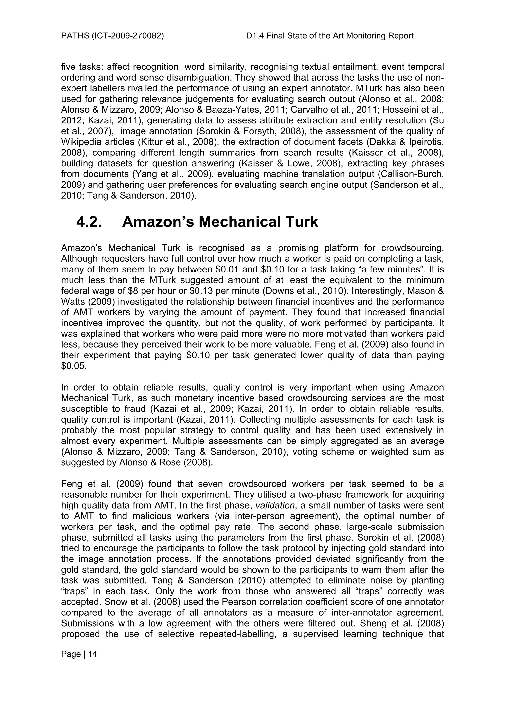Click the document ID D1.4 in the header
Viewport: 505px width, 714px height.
254,36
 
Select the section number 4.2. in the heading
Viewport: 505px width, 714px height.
89,222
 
